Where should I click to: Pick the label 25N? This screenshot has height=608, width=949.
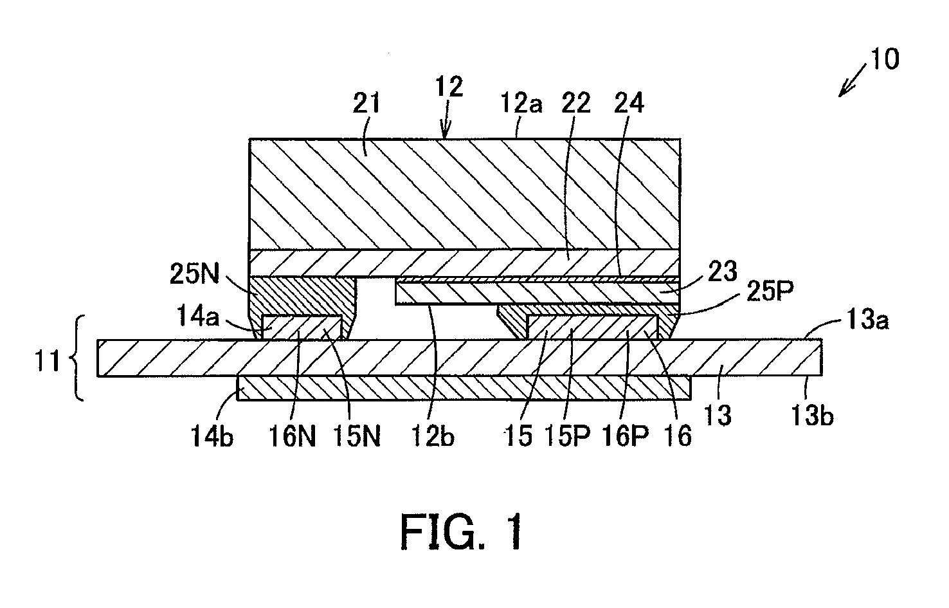pos(195,274)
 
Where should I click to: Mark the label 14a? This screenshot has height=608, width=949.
pos(198,316)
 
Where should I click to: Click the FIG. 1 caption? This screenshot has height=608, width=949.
pos(462,531)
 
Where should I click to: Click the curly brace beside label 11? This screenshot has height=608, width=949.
pos(78,358)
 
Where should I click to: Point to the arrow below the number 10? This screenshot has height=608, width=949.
pos(854,81)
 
